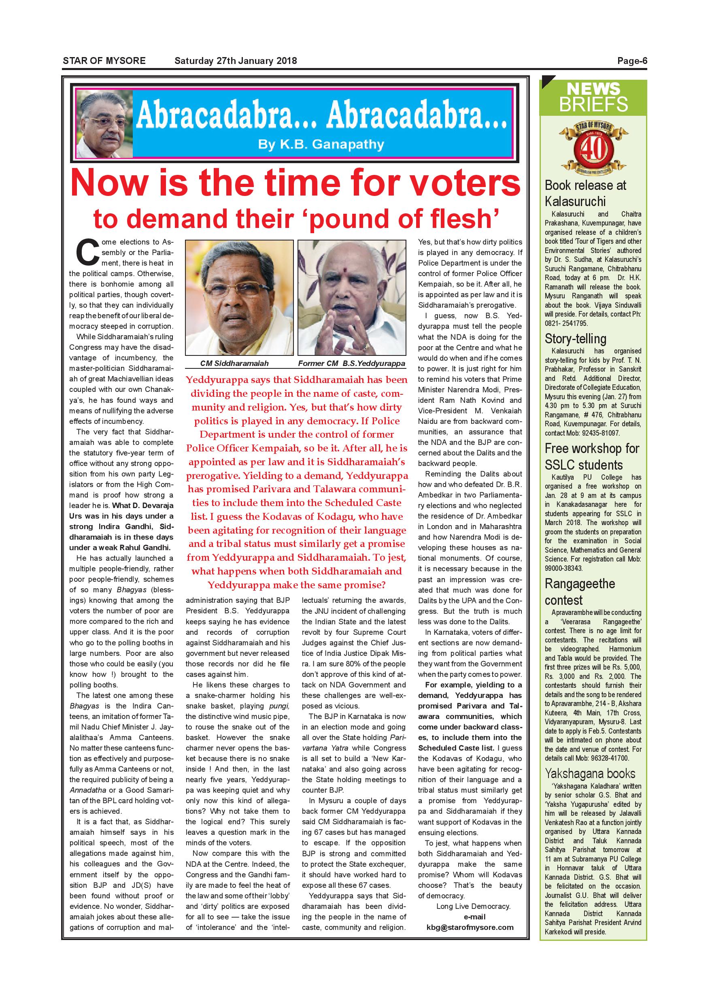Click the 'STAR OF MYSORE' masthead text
click(x=104, y=61)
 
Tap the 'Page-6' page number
click(x=632, y=61)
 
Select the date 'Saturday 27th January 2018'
click(x=235, y=61)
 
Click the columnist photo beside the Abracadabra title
click(x=104, y=126)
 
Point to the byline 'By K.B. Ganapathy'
click(x=321, y=144)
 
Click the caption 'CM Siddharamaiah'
click(x=234, y=364)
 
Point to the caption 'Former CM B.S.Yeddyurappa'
click(x=351, y=364)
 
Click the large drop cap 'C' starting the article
click(x=87, y=252)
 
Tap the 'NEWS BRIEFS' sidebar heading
click(x=593, y=98)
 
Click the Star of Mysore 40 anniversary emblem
click(x=594, y=147)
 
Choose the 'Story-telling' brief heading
click(x=575, y=339)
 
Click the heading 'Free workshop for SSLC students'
click(x=591, y=457)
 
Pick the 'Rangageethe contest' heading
click(x=580, y=591)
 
